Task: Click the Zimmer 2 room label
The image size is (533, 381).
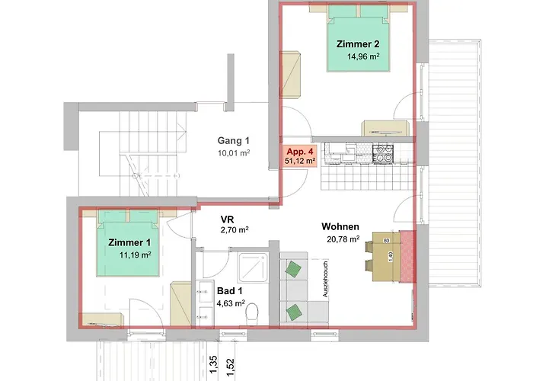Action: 358,44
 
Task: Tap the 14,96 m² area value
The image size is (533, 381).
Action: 363,56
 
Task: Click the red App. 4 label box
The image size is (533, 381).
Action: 300,156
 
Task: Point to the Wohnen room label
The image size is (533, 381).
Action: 340,226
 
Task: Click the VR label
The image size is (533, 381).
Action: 227,219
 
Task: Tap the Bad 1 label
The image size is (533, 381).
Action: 230,291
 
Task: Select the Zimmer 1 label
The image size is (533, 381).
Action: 129,242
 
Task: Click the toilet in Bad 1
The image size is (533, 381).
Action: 251,313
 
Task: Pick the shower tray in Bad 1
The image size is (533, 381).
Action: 254,267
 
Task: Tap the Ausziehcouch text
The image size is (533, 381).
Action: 325,279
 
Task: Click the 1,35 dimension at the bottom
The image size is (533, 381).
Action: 213,365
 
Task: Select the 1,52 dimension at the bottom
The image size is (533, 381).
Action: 230,367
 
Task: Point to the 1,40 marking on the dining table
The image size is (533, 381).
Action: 391,257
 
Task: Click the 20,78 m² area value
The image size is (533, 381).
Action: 343,239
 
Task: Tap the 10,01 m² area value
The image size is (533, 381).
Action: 234,152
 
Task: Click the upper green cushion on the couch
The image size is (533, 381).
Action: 293,268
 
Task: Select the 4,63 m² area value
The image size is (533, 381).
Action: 231,303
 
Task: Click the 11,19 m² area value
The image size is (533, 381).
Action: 136,255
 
